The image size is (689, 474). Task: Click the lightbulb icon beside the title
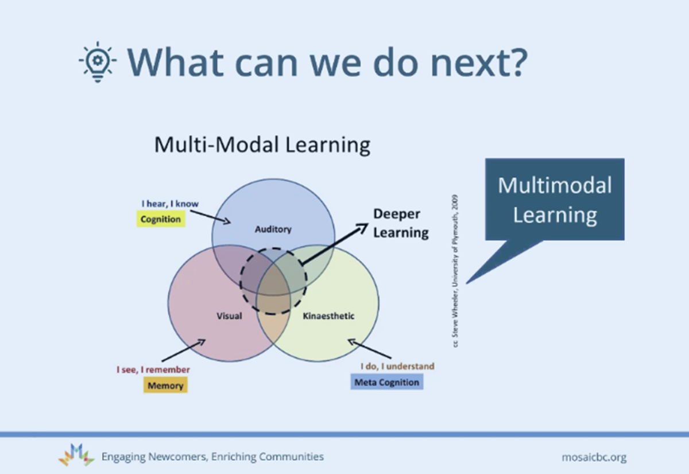click(x=98, y=62)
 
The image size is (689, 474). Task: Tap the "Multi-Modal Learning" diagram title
click(x=262, y=145)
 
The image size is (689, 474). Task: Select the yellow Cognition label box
click(x=161, y=219)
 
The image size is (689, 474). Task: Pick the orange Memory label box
click(x=165, y=385)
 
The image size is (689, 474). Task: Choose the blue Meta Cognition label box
click(x=386, y=382)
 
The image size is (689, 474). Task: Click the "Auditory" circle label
click(x=273, y=229)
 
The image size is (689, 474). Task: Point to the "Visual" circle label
click(x=229, y=316)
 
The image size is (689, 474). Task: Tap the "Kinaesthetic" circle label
click(x=328, y=316)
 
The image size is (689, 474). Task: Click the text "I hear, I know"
click(x=170, y=204)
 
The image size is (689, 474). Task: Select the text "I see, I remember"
click(x=153, y=370)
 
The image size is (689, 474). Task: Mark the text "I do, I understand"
click(x=397, y=366)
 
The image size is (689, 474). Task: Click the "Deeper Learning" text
click(x=401, y=223)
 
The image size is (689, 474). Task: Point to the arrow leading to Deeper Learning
click(x=335, y=244)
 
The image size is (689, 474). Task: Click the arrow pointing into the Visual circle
click(x=184, y=350)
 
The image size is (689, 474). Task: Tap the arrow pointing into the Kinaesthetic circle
click(x=369, y=348)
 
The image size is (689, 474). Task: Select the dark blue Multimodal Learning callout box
click(x=555, y=199)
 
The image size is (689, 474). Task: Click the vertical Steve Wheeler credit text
click(x=455, y=271)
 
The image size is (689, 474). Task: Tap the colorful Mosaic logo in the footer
click(x=76, y=455)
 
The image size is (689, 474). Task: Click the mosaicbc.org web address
click(x=594, y=457)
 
